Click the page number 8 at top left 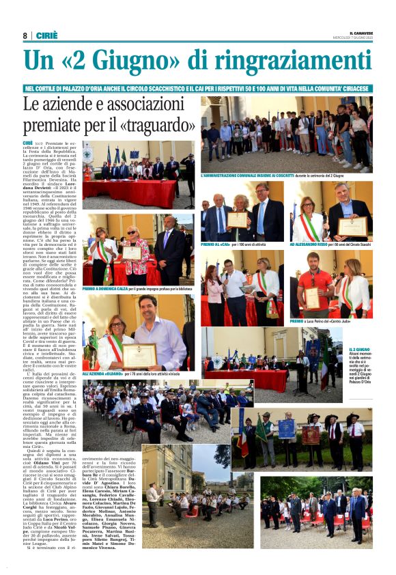click(x=25, y=36)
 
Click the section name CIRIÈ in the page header click(x=46, y=36)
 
